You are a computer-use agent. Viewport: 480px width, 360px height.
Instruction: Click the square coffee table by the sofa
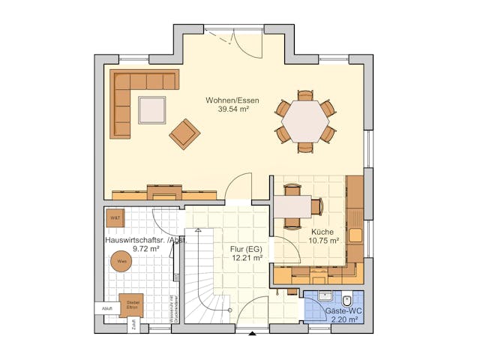(151, 109)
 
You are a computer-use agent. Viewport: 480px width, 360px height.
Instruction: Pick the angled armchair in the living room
(184, 134)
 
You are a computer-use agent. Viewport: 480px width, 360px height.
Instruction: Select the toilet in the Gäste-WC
(346, 301)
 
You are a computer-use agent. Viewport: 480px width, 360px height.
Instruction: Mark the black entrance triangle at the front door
(253, 332)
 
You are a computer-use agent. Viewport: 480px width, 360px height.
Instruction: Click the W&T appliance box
(115, 218)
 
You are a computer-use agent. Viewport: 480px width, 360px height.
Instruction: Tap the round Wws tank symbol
(121, 262)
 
